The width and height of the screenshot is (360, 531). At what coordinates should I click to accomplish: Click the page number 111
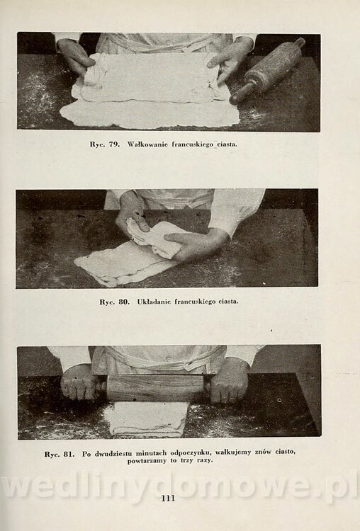coord(168,498)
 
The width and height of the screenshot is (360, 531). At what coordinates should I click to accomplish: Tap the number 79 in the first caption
coord(114,144)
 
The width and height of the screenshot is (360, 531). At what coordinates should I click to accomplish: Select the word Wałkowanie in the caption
coord(147,144)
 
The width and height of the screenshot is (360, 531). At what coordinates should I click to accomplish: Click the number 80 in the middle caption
coord(124,302)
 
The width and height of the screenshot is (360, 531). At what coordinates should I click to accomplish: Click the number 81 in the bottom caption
coord(69,454)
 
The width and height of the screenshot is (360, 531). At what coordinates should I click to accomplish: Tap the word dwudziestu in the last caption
coord(114,453)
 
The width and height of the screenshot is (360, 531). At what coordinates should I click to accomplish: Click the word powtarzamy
coord(147,461)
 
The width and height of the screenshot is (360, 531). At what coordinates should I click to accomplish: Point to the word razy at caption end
coord(205,461)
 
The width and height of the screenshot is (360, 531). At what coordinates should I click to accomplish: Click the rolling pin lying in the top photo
coord(267,71)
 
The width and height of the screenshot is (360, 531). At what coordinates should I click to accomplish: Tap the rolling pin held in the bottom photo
coord(155,388)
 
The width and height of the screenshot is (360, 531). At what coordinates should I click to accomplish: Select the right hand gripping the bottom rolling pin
coord(229,380)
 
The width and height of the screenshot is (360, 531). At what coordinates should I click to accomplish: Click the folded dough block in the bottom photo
coord(147,419)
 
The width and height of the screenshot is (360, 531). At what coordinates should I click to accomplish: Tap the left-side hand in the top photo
coord(74,57)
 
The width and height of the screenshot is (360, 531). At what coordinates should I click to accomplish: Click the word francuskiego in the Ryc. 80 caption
coord(195,302)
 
